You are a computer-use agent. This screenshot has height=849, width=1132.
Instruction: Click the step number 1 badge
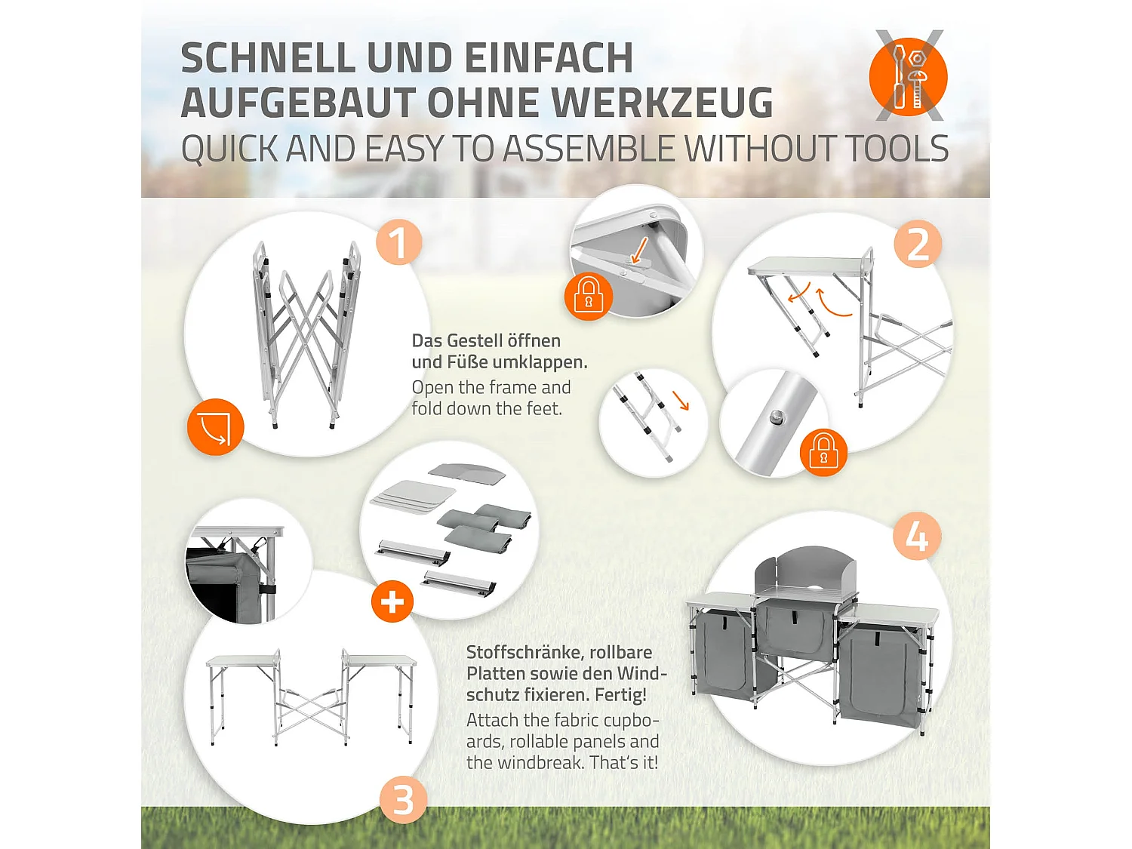click(x=398, y=243)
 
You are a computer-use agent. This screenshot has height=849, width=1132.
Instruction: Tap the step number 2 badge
click(x=918, y=245)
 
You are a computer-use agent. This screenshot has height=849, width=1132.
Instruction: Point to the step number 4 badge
click(x=917, y=537)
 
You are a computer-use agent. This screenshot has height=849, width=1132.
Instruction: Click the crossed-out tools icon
click(x=908, y=75)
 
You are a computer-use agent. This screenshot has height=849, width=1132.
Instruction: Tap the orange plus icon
click(x=392, y=601)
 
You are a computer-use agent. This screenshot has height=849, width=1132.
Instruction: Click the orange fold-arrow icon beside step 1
click(x=216, y=427)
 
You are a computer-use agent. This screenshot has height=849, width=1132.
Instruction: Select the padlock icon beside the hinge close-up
click(x=589, y=297)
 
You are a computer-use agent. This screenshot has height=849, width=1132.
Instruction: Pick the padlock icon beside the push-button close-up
click(x=823, y=452)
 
